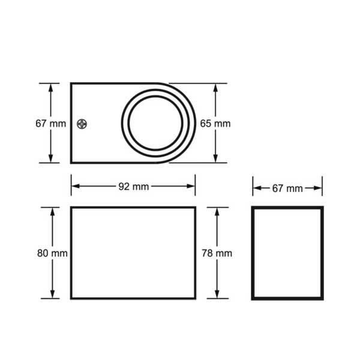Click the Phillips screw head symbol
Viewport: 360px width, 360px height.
(82, 124)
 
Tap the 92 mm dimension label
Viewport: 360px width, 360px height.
(134, 187)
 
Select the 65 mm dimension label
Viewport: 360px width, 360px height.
(215, 124)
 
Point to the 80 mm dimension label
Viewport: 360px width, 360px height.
(52, 253)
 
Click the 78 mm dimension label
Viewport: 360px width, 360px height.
(217, 253)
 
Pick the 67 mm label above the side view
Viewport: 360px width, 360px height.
(287, 188)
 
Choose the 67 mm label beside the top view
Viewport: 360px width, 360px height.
(51, 124)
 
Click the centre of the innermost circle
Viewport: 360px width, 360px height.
(155, 123)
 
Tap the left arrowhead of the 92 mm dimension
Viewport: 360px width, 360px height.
(76, 186)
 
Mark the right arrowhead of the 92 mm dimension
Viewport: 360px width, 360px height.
(191, 186)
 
